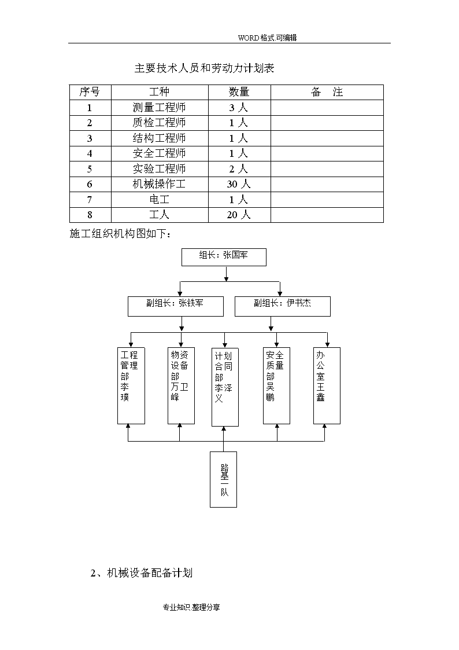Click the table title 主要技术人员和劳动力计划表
204,68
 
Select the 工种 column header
160,92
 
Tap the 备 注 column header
327,92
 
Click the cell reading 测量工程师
160,108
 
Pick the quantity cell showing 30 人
239,184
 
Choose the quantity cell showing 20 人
239,215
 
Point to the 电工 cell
160,199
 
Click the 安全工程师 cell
160,153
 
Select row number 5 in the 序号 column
90,169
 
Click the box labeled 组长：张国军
224,257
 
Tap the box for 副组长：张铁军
176,306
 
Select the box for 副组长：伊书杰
283,306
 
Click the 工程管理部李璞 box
131,385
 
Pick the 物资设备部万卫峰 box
181,385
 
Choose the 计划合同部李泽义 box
225,387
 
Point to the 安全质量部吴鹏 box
276,385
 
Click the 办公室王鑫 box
327,385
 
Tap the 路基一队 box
224,480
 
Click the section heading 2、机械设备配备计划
142,573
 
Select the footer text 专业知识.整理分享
191,607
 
